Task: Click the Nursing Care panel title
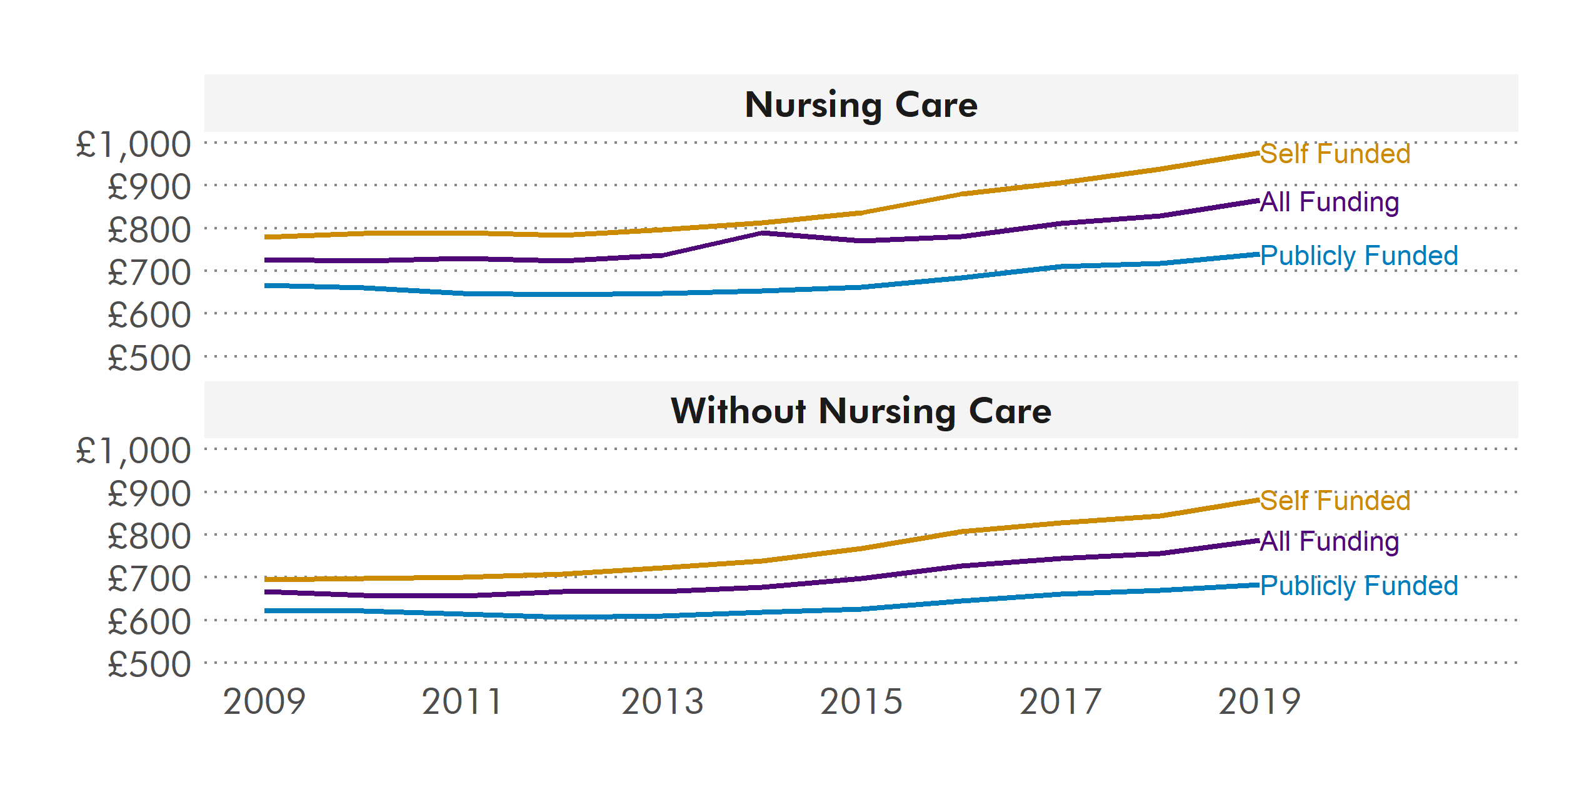(861, 104)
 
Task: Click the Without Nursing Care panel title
(861, 411)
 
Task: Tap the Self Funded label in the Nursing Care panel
(1335, 154)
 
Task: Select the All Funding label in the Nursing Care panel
(1329, 202)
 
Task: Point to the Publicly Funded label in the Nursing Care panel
(1358, 256)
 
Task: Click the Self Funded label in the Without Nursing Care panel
(1335, 501)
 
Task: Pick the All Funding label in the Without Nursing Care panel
(1329, 541)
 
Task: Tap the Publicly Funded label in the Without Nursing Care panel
(1358, 586)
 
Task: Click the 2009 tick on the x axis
(264, 701)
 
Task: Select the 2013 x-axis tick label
(663, 701)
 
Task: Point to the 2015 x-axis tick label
(861, 701)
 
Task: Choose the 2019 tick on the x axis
(1259, 701)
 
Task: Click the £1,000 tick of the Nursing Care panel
(133, 144)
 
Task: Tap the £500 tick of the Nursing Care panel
(149, 358)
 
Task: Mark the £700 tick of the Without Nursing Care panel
(149, 579)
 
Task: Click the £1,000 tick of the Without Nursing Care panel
(133, 451)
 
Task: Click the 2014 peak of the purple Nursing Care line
(762, 233)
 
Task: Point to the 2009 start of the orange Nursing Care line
(266, 237)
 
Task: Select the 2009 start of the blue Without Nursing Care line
(266, 611)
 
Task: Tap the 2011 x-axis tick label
(463, 701)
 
